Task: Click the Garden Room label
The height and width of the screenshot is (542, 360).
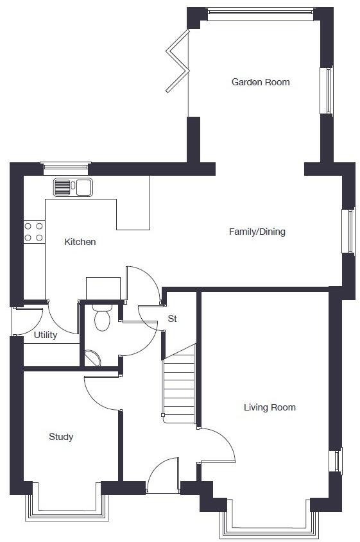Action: [261, 82]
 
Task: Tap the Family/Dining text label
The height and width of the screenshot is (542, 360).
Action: [257, 232]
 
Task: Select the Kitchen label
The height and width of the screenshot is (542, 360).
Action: [80, 242]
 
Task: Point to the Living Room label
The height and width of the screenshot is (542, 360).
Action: [270, 407]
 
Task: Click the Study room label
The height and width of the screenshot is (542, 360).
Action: [61, 437]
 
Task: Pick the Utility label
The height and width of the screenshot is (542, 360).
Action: [46, 335]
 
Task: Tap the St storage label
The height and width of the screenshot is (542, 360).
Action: [172, 318]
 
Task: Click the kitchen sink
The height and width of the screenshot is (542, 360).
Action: [73, 187]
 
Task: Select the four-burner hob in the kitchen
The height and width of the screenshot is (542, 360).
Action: [34, 232]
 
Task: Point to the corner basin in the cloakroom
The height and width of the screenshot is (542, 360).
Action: [92, 358]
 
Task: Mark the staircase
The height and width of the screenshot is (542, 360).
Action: [179, 385]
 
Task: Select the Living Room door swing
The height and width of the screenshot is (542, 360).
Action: [218, 445]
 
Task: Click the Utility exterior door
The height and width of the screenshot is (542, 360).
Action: [27, 321]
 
